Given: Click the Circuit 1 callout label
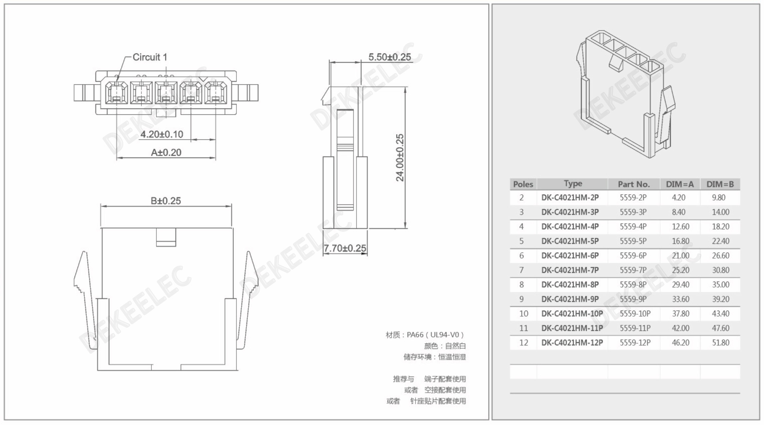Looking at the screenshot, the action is pos(150,57).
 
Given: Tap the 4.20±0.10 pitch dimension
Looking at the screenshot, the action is pos(162,134).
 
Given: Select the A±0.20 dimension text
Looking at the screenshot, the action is pos(166,152).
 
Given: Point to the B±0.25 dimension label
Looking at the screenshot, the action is pos(166,201).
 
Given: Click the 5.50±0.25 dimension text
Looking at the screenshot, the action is pos(390,57).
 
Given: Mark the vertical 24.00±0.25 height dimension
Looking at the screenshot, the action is pos(400,157).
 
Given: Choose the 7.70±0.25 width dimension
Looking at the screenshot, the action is pos(345,248).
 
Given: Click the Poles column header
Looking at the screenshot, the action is pos(523,184).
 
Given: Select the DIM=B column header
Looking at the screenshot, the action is pos(720,184).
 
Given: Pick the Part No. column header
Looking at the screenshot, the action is pos(634,184).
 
